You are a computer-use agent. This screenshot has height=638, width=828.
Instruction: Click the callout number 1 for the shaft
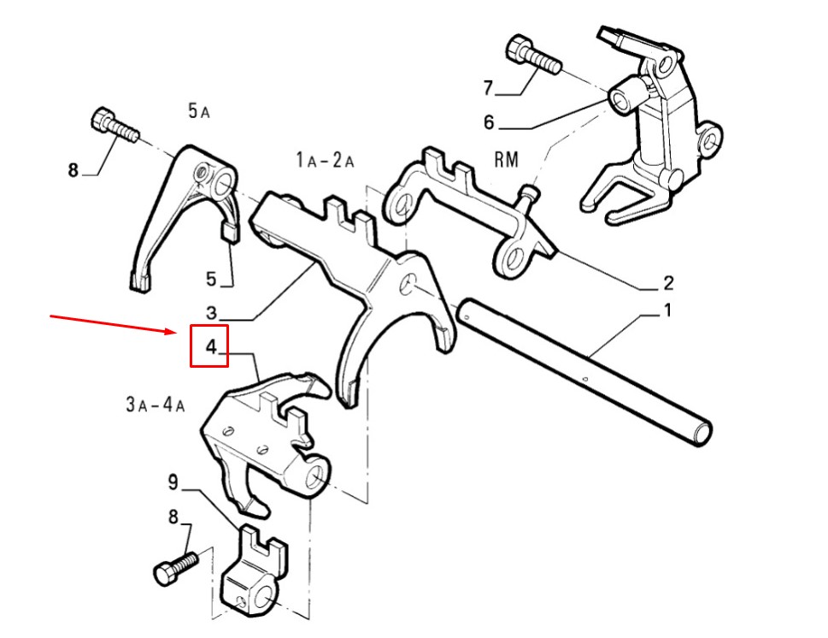[667, 310]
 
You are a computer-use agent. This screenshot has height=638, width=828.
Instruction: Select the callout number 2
[668, 283]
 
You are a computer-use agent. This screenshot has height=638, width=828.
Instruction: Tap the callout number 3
[211, 313]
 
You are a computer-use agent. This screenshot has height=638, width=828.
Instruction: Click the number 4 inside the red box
[211, 347]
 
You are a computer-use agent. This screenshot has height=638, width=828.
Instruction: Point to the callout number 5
[211, 279]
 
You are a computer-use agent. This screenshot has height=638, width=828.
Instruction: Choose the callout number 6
[489, 122]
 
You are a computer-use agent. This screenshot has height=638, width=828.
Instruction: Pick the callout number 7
[488, 87]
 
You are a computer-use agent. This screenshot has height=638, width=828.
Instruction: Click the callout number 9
[173, 482]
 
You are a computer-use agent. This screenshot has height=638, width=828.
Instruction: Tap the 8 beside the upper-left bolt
[73, 170]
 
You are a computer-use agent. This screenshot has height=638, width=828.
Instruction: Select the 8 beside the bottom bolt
[173, 517]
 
